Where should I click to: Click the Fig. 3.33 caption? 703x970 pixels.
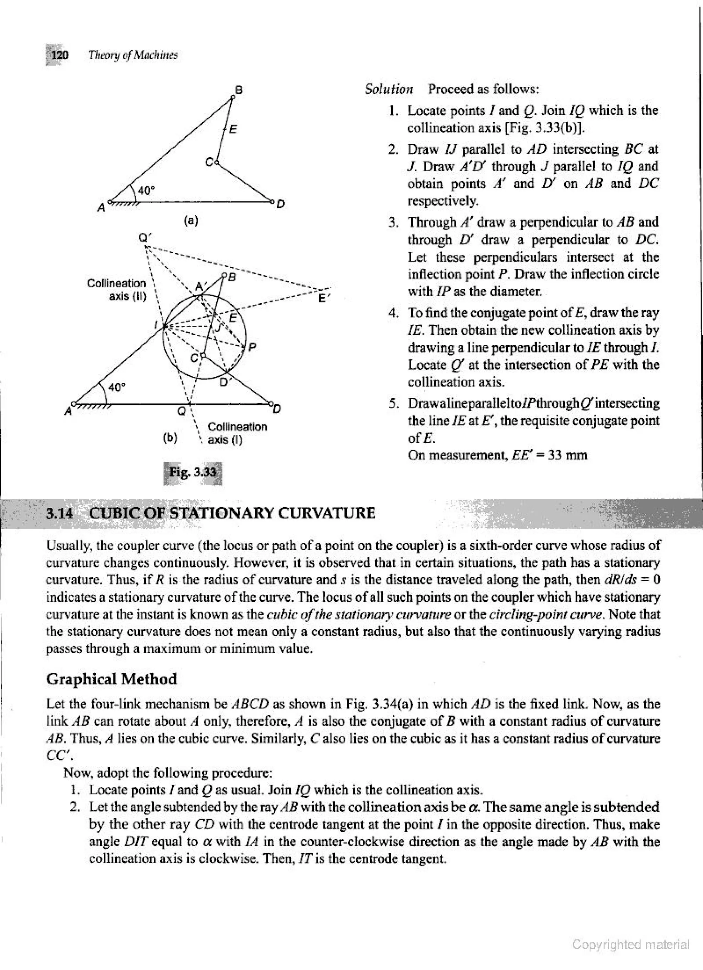click(x=193, y=473)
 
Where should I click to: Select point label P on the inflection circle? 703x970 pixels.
click(x=252, y=348)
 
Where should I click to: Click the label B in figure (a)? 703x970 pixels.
click(x=240, y=90)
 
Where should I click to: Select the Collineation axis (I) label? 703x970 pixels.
click(x=237, y=433)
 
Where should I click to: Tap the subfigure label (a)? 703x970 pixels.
click(x=191, y=220)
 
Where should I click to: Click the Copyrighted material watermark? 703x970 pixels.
click(x=631, y=944)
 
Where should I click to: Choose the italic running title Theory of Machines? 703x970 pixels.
click(x=132, y=55)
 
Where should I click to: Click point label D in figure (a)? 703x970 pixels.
click(x=280, y=205)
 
